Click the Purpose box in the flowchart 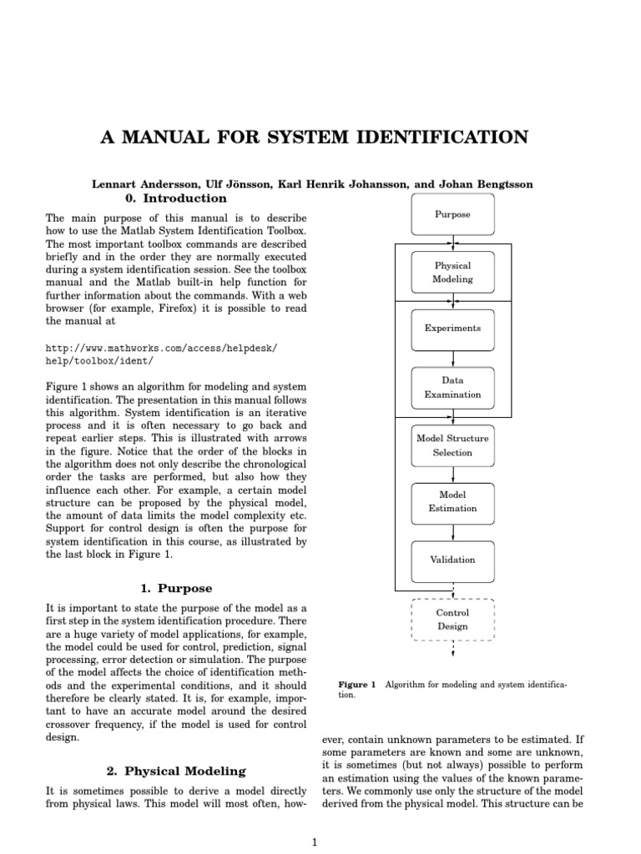(453, 214)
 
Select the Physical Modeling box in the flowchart (453, 273)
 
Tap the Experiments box (453, 329)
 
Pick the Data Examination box (453, 388)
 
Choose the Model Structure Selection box (453, 445)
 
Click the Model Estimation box (453, 500)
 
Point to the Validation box (453, 560)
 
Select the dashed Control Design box (453, 620)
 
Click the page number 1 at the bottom (315, 842)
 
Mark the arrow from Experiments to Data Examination (453, 357)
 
